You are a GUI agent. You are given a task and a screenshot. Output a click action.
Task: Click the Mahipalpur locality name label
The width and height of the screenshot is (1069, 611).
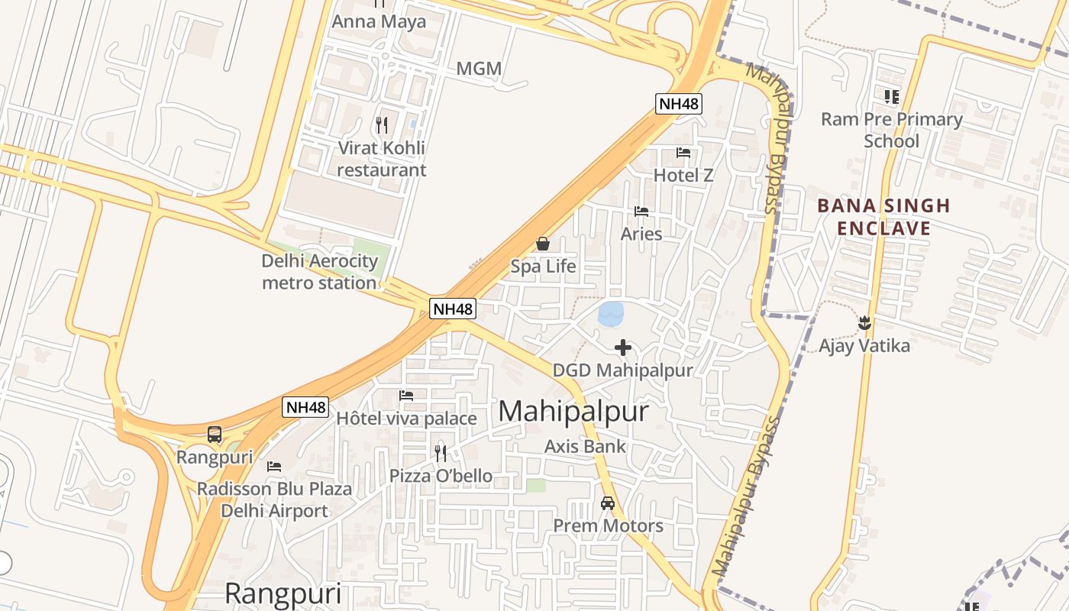(x=573, y=412)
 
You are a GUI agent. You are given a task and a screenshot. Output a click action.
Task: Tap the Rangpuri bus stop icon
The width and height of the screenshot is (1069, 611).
(x=215, y=435)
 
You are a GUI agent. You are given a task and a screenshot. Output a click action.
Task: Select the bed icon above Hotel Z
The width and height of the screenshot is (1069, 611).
(x=683, y=153)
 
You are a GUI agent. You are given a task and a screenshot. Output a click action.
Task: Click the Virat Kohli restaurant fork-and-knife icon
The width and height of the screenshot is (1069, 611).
(x=382, y=124)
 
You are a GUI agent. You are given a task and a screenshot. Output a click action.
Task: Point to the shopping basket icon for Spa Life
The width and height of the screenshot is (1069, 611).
(x=543, y=244)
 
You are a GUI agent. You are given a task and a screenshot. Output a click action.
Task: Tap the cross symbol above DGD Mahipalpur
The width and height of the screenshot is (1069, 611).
(x=622, y=348)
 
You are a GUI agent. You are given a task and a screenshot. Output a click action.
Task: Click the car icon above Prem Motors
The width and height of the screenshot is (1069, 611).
(x=608, y=503)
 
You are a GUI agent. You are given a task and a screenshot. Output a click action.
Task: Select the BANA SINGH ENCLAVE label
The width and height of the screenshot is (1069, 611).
(x=883, y=217)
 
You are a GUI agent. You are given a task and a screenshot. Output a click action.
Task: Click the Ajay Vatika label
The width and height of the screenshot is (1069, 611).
(x=864, y=346)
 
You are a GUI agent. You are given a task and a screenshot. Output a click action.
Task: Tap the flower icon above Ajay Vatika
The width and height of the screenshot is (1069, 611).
(x=864, y=322)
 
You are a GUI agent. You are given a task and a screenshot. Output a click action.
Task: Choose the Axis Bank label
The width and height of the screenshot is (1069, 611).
(x=585, y=446)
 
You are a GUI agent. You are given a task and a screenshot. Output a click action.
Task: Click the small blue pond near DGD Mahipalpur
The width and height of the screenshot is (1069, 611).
(x=610, y=314)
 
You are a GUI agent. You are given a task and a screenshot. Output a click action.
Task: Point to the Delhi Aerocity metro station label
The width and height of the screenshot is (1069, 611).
(x=319, y=272)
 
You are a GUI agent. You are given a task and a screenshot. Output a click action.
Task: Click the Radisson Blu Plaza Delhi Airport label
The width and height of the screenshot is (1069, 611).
(x=274, y=499)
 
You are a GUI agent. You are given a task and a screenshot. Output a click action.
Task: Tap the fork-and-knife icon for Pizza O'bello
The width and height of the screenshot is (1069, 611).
(x=441, y=453)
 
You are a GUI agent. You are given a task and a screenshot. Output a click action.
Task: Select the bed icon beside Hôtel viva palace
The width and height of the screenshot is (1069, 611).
(x=406, y=396)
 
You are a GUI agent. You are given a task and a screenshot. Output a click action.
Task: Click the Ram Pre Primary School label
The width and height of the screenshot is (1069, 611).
(x=891, y=130)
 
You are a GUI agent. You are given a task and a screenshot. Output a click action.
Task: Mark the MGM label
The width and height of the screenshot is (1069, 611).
(x=479, y=69)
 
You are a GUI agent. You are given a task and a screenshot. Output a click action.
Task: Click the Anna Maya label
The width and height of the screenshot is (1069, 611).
(x=379, y=21)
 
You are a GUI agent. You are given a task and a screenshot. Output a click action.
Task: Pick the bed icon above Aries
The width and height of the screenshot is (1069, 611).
(x=641, y=211)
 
